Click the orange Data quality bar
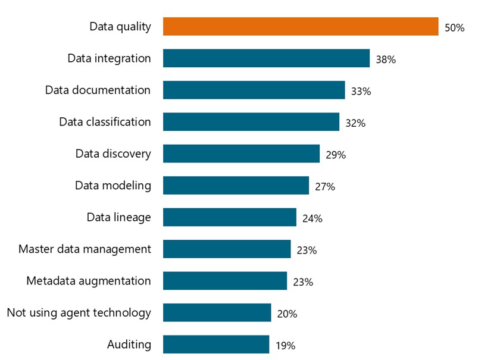(301, 27)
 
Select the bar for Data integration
(266, 58)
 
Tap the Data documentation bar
(254, 90)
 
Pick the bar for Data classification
(251, 122)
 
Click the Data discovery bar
(241, 154)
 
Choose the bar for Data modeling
(236, 185)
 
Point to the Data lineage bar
(229, 217)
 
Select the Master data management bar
(227, 249)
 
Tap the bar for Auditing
(215, 345)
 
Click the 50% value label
(454, 28)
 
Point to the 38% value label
(386, 60)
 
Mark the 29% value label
(336, 155)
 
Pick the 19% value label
(285, 345)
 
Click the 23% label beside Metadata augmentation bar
(303, 282)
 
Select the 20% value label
(287, 314)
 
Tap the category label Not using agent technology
(79, 312)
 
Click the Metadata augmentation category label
(89, 281)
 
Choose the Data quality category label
(120, 27)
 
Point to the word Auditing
(129, 345)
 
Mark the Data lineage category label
(118, 217)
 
